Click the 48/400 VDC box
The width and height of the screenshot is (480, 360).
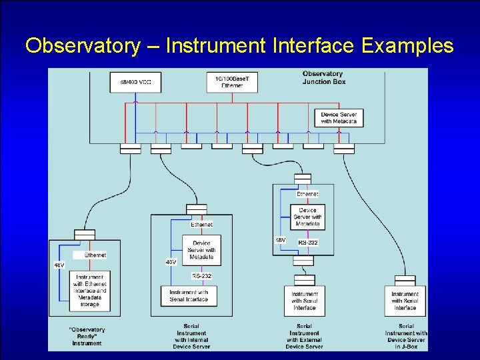[135, 82]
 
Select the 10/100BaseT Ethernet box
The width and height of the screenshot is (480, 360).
[232, 81]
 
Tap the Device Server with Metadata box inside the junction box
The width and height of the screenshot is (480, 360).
[339, 117]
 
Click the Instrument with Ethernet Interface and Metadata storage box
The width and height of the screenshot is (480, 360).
[89, 291]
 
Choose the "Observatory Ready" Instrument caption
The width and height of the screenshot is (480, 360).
[87, 336]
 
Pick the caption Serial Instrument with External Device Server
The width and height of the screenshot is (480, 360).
[304, 336]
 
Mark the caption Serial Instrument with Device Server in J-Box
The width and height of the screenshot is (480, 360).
[405, 336]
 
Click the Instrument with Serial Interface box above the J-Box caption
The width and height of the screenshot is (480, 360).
[405, 301]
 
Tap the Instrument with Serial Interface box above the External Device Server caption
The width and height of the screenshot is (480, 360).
[304, 301]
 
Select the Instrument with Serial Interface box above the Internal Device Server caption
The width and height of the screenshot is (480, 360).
[189, 295]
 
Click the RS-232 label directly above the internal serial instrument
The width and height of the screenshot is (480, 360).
[201, 275]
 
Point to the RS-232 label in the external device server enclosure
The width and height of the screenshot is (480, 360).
[308, 243]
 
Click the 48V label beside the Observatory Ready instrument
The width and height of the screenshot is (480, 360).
[59, 265]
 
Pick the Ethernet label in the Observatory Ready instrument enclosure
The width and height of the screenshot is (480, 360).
[95, 255]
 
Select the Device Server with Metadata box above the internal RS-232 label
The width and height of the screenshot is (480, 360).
[201, 250]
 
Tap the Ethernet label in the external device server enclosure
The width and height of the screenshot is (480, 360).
[307, 193]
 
